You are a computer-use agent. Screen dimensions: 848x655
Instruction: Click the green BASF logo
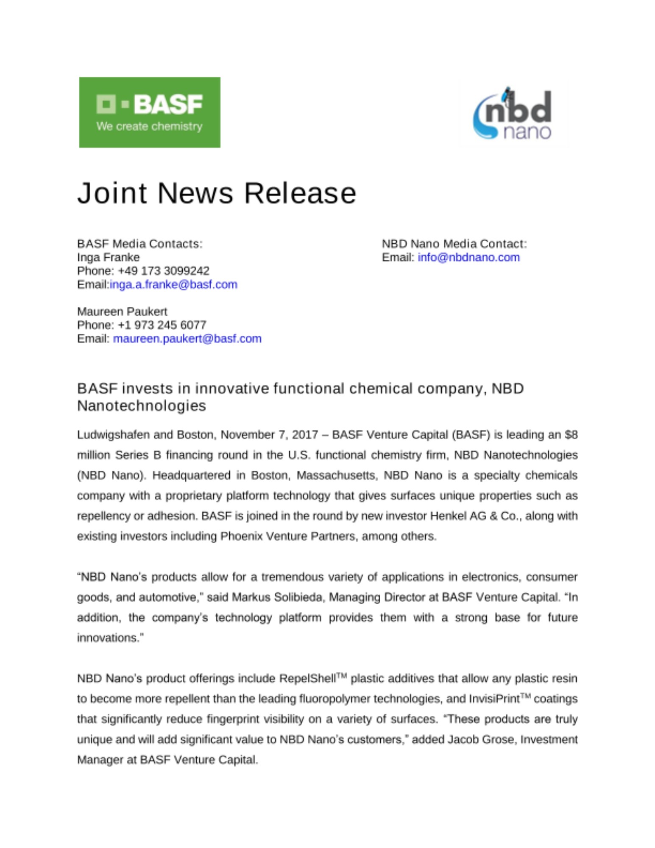pyautogui.click(x=149, y=112)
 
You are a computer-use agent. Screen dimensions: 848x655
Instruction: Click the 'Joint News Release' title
pyautogui.click(x=217, y=193)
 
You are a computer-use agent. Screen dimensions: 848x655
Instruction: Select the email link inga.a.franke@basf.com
pyautogui.click(x=173, y=285)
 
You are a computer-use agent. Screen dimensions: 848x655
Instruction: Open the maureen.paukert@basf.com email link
pyautogui.click(x=187, y=339)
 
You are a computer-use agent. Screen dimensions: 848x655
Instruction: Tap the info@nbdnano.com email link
pyautogui.click(x=468, y=257)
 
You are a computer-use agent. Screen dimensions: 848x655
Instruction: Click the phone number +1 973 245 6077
pyautogui.click(x=162, y=325)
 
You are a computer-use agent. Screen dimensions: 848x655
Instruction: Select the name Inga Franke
pyautogui.click(x=108, y=257)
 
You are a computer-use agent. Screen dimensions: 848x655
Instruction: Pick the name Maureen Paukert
pyautogui.click(x=122, y=312)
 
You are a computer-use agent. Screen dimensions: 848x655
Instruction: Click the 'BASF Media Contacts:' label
pyautogui.click(x=140, y=244)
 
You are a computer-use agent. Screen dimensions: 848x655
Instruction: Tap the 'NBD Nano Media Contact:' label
pyautogui.click(x=454, y=244)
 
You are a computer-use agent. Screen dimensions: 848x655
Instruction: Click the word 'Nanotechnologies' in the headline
pyautogui.click(x=142, y=406)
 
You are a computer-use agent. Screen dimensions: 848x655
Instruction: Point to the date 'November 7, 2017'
pyautogui.click(x=269, y=435)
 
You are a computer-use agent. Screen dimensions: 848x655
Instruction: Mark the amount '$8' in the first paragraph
pyautogui.click(x=571, y=435)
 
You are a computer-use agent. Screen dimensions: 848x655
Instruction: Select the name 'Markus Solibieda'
pyautogui.click(x=278, y=597)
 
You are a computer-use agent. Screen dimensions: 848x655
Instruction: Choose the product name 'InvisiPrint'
pyautogui.click(x=494, y=699)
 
